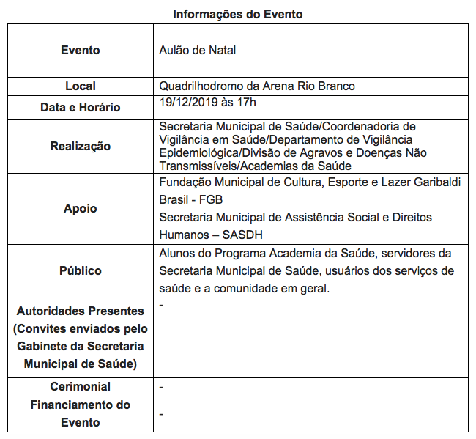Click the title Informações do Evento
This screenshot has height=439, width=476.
237,14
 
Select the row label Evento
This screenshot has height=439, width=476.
81,51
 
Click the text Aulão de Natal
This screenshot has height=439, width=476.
197,51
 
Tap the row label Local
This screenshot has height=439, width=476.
81,86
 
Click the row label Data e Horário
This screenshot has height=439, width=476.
81,107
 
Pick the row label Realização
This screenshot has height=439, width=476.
81,146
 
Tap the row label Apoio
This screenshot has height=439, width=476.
81,208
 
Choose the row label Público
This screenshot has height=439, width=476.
81,270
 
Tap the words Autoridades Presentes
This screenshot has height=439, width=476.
81,311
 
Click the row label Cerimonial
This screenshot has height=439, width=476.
81,386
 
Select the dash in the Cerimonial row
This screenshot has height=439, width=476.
161,386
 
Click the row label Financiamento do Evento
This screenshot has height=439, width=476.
81,413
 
